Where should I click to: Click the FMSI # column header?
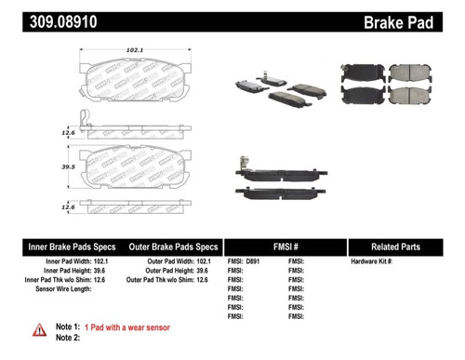coord(284,247)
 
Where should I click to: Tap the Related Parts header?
coord(404,247)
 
